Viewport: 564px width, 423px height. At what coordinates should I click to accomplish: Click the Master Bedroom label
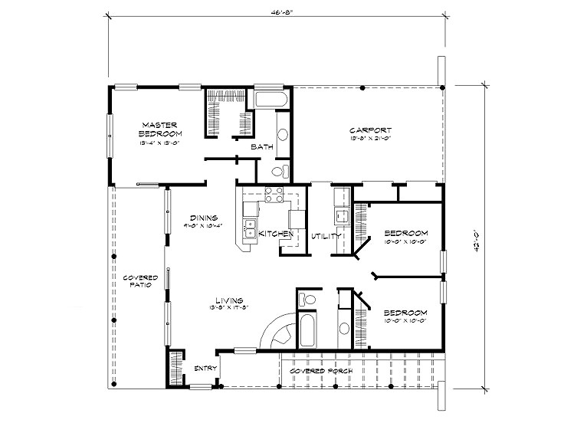click(159, 128)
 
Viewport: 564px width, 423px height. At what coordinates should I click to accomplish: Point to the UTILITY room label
click(326, 236)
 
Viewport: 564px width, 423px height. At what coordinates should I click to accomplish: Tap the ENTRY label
click(205, 369)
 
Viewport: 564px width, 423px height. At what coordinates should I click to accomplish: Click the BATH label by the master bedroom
click(262, 146)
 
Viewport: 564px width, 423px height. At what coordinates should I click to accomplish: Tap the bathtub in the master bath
click(270, 100)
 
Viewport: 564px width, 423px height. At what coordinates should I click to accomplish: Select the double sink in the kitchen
click(250, 227)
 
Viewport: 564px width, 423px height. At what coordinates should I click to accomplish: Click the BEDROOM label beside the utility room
click(405, 233)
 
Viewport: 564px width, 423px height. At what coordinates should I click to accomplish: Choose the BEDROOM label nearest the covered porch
click(405, 313)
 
